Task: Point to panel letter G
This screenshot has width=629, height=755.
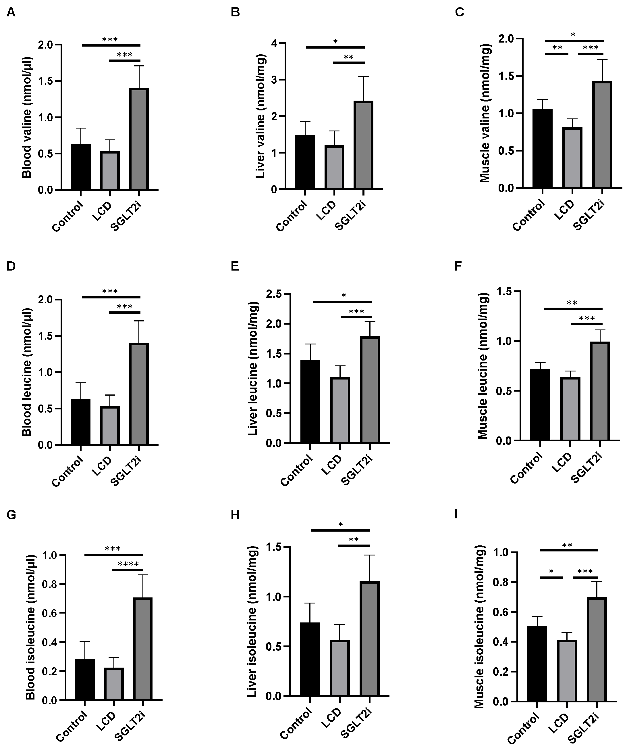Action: pos(11,515)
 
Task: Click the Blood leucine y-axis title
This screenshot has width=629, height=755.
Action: pos(27,372)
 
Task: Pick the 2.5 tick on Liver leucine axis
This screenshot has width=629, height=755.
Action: pos(273,294)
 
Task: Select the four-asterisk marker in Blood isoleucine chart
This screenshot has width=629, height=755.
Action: pos(128,564)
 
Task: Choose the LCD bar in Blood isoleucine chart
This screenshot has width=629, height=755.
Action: pos(114,673)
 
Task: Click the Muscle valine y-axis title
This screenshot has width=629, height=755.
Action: pos(485,113)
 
